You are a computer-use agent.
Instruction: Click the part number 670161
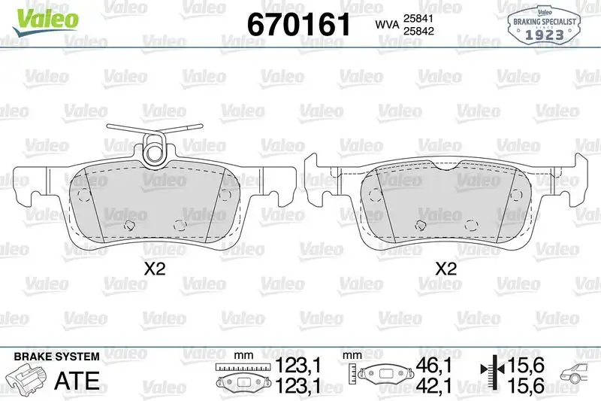pyautogui.click(x=298, y=24)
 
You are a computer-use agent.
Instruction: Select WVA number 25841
pyautogui.click(x=418, y=18)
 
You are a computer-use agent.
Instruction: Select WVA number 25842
pyautogui.click(x=418, y=31)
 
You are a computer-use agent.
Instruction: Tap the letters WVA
pyautogui.click(x=387, y=25)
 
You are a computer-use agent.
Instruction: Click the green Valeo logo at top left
pyautogui.click(x=45, y=20)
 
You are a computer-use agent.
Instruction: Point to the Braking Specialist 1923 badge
pyautogui.click(x=544, y=24)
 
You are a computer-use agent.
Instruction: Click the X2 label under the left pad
pyautogui.click(x=155, y=269)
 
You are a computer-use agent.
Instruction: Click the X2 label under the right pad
pyautogui.click(x=445, y=269)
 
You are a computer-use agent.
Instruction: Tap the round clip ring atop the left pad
pyautogui.click(x=155, y=147)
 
